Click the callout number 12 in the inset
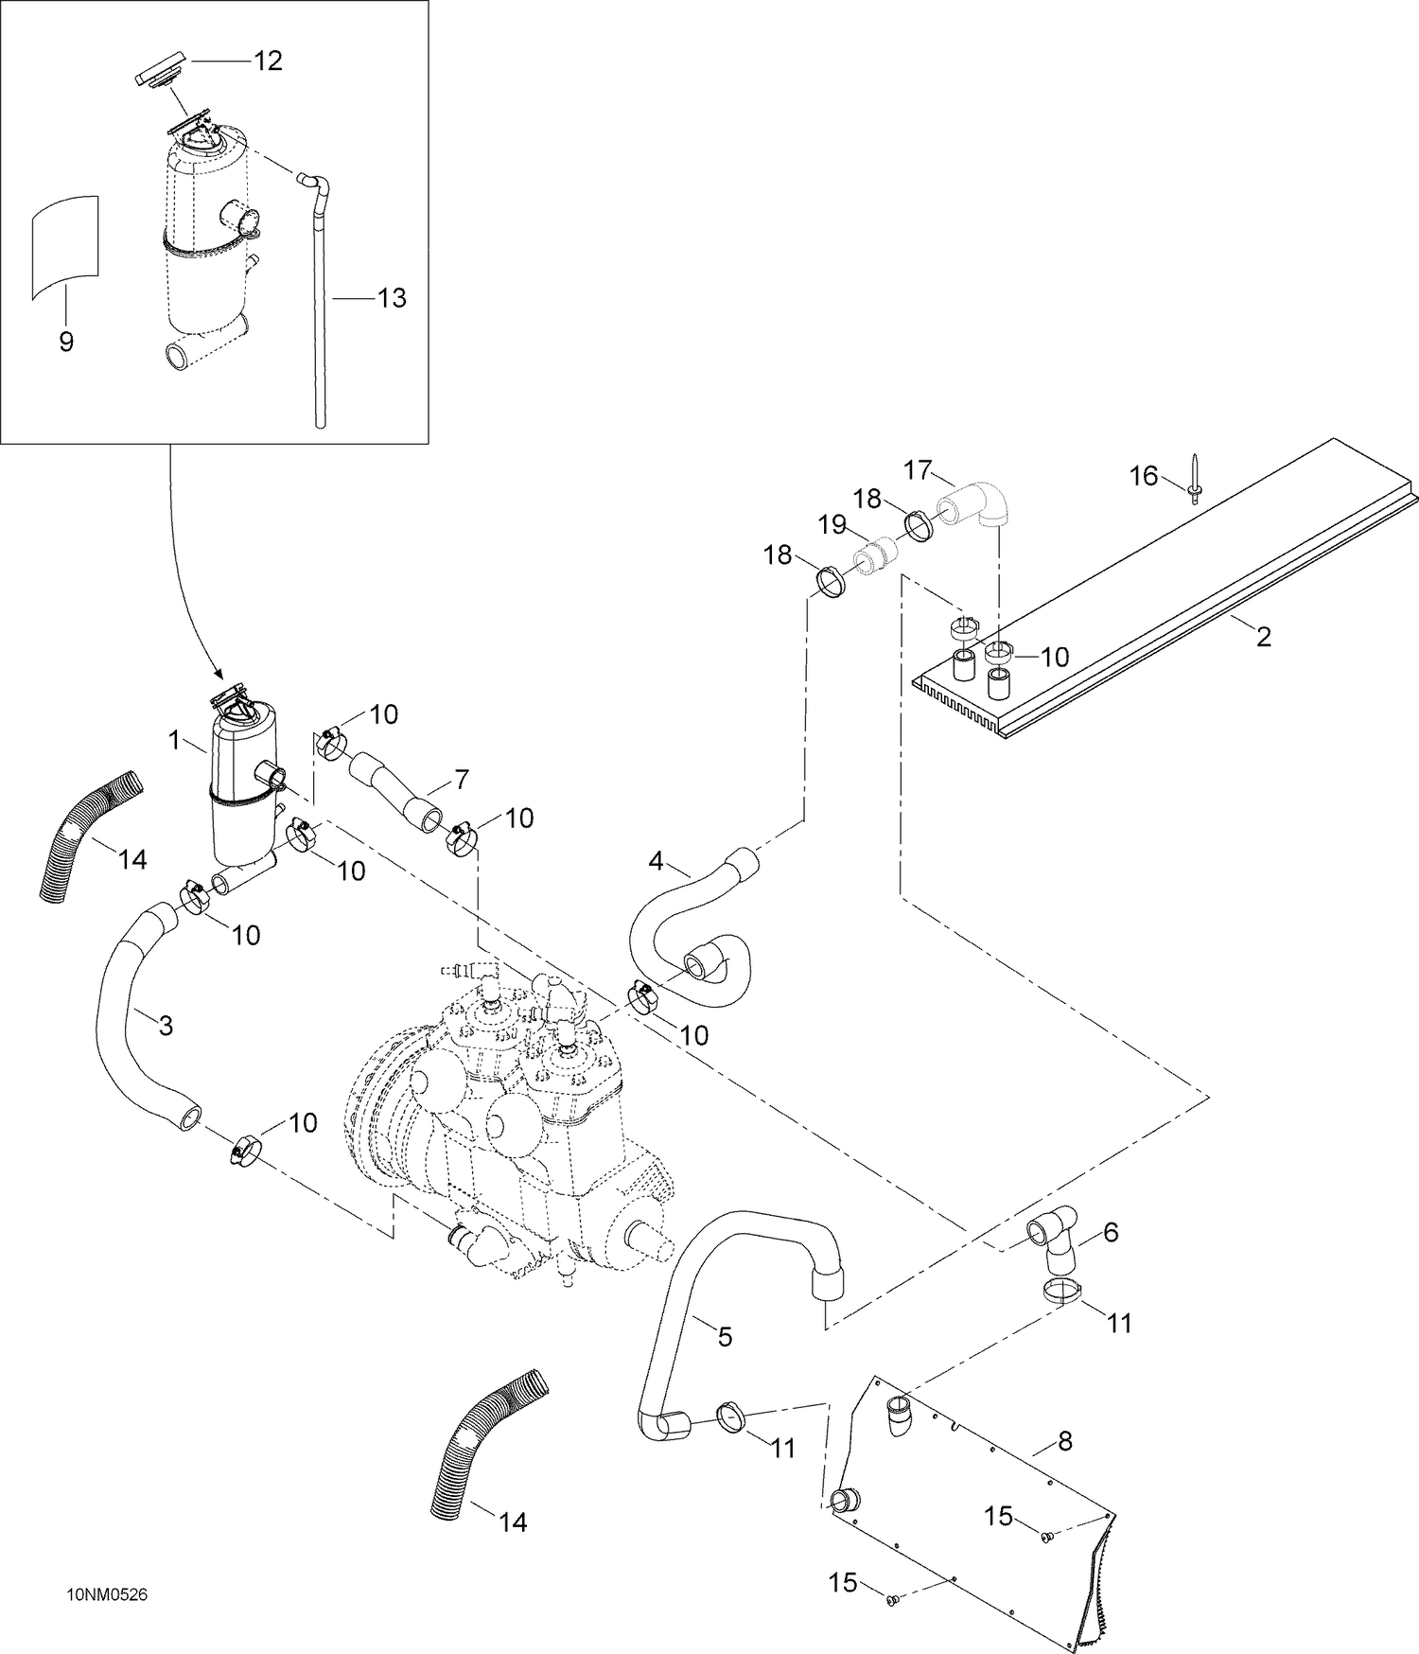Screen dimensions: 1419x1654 pyautogui.click(x=268, y=61)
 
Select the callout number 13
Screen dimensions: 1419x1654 pyautogui.click(x=391, y=298)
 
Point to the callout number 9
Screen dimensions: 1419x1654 pyautogui.click(x=66, y=342)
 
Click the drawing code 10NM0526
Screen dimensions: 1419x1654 pyautogui.click(x=107, y=1594)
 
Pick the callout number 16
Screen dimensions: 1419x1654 pyautogui.click(x=1145, y=475)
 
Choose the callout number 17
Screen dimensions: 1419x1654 pyautogui.click(x=919, y=469)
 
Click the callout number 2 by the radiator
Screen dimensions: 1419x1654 pyautogui.click(x=1264, y=637)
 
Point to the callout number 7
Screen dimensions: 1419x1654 pyautogui.click(x=461, y=781)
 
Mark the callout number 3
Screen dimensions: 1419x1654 pyautogui.click(x=166, y=1027)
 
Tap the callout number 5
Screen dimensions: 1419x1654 pyautogui.click(x=726, y=1337)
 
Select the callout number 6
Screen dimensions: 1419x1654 pyautogui.click(x=1111, y=1232)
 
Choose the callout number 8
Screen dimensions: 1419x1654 pyautogui.click(x=1064, y=1442)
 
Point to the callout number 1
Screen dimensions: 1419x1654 pyautogui.click(x=175, y=740)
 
